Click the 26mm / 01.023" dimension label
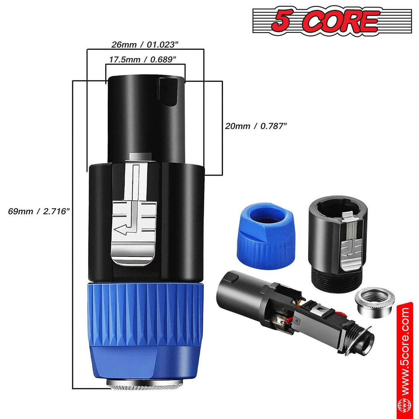point(145,44)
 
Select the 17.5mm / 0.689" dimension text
point(142,60)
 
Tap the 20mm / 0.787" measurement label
point(256,126)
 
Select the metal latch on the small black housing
point(350,239)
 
